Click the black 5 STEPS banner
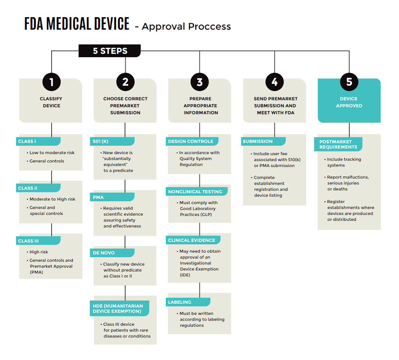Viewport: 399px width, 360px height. pos(109,51)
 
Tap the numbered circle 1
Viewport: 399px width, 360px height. pos(51,82)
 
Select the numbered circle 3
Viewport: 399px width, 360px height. pos(199,82)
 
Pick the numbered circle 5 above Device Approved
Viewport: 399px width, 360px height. pos(349,82)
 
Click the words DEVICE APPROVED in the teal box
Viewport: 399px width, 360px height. pos(349,102)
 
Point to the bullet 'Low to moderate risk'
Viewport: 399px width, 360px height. pos(52,153)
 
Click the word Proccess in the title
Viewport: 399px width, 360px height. pos(210,27)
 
